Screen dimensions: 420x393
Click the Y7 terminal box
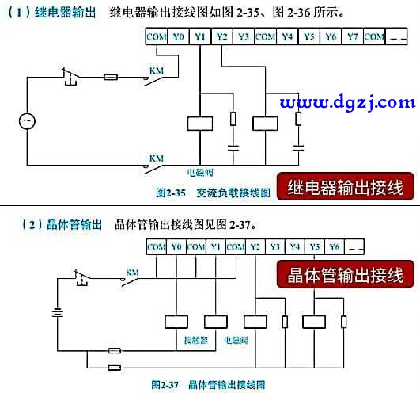(x=352, y=36)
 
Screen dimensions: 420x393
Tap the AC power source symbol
(x=27, y=121)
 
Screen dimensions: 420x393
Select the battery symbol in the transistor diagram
(x=57, y=313)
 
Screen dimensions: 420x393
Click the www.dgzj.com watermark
(x=347, y=102)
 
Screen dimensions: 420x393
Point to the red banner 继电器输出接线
(x=346, y=187)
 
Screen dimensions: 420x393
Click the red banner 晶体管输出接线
(x=346, y=274)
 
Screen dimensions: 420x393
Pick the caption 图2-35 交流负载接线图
(x=214, y=193)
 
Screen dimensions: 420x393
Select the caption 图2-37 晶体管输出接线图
(x=208, y=385)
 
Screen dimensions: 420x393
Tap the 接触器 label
(x=196, y=340)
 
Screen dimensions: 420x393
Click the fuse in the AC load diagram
(x=111, y=78)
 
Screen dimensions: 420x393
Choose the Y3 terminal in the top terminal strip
(x=244, y=36)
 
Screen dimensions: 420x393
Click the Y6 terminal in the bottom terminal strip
(x=335, y=246)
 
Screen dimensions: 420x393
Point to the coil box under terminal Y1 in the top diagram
(x=200, y=124)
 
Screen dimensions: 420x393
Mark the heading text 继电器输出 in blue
(x=65, y=13)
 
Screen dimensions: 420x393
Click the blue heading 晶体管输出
(x=74, y=225)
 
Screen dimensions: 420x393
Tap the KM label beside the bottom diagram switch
(x=132, y=273)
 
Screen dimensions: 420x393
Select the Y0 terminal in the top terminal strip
(x=179, y=36)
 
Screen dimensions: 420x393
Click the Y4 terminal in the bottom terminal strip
(x=295, y=246)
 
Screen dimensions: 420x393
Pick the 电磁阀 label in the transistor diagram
(x=236, y=340)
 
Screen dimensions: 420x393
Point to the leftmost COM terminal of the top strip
(x=157, y=36)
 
